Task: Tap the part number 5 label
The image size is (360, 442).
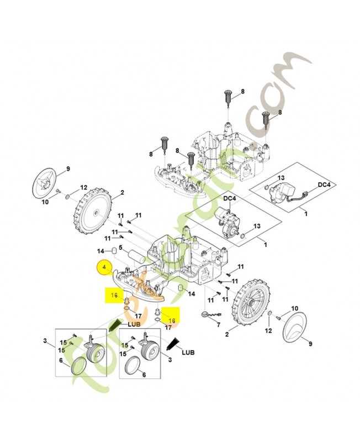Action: tap(120, 248)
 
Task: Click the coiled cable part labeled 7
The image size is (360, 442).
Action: tap(205, 315)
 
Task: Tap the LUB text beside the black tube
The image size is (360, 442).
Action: tap(189, 352)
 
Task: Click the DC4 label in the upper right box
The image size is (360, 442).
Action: tap(324, 186)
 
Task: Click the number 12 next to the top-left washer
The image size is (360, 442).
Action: tap(84, 187)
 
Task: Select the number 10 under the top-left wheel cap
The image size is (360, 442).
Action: tap(45, 202)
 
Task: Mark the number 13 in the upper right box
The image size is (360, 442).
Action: tap(281, 178)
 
